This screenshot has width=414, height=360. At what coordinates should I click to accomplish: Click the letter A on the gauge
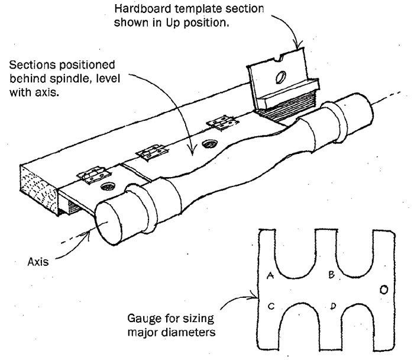(x=270, y=276)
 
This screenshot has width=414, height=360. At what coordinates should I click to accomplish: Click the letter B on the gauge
(x=332, y=274)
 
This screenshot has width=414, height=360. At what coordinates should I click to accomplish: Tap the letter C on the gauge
(x=270, y=306)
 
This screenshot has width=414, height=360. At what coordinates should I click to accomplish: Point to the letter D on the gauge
(x=334, y=306)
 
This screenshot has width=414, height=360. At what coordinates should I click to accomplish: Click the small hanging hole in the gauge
(x=383, y=290)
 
